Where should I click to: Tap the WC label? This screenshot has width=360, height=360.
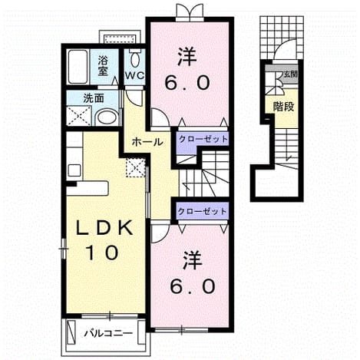pyautogui.click(x=134, y=75)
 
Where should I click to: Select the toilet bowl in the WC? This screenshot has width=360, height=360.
pyautogui.click(x=134, y=59)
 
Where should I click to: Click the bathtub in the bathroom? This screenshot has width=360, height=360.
pyautogui.click(x=78, y=67)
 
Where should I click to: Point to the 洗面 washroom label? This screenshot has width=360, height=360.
pyautogui.click(x=94, y=98)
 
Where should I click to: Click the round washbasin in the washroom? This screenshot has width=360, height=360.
pyautogui.click(x=107, y=117)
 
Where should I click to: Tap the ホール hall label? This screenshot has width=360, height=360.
pyautogui.click(x=147, y=142)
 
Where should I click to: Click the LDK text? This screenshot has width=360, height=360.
pyautogui.click(x=105, y=227)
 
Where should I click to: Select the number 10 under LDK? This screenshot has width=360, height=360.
pyautogui.click(x=103, y=253)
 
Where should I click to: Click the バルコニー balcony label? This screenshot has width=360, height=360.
pyautogui.click(x=109, y=333)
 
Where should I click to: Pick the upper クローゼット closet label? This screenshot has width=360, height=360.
pyautogui.click(x=203, y=139)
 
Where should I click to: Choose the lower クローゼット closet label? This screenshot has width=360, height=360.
pyautogui.click(x=202, y=211)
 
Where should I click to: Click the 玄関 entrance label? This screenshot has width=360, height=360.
pyautogui.click(x=291, y=74)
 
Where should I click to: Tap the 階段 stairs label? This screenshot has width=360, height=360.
pyautogui.click(x=283, y=107)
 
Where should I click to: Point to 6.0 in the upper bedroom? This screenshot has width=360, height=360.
pyautogui.click(x=187, y=83)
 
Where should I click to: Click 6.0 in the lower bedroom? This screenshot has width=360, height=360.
pyautogui.click(x=193, y=286)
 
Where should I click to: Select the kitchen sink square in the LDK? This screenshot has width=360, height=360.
pyautogui.click(x=74, y=170)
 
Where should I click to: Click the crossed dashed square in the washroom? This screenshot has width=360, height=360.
pyautogui.click(x=79, y=116)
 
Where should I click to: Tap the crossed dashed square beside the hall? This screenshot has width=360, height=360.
pyautogui.click(x=136, y=167)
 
